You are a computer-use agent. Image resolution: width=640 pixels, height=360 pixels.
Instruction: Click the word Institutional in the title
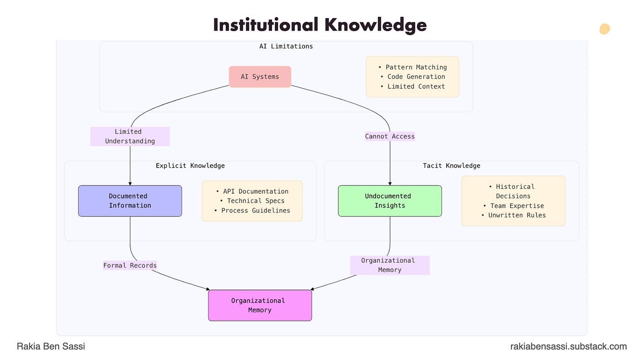click(264, 25)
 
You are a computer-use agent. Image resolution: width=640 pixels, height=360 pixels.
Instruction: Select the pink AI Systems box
click(260, 77)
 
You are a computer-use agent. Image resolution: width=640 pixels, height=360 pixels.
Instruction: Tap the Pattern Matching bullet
click(412, 67)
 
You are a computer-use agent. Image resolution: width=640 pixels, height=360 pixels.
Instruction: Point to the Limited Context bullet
click(412, 86)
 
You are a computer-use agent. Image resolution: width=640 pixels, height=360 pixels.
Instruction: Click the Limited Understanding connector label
click(130, 137)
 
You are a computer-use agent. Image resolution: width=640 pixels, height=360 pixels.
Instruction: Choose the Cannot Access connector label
click(389, 136)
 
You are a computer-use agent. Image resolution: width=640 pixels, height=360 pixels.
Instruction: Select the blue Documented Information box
click(130, 201)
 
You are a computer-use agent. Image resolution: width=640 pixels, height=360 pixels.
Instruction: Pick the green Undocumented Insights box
click(389, 201)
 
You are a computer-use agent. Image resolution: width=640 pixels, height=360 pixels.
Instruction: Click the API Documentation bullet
click(252, 191)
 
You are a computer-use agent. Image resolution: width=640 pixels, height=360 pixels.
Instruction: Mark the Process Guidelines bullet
click(252, 211)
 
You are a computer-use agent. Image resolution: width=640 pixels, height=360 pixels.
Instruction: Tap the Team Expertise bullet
click(513, 206)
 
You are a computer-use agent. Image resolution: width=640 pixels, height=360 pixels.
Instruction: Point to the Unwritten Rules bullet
click(513, 215)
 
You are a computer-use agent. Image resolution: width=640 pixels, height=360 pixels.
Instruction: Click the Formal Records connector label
click(130, 265)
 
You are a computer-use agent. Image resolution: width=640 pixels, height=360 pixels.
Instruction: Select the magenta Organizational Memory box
click(260, 305)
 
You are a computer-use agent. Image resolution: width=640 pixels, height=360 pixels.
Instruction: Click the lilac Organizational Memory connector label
click(389, 265)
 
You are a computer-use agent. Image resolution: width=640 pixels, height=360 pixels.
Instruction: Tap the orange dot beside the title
click(605, 29)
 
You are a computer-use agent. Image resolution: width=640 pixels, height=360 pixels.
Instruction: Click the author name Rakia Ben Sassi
click(51, 346)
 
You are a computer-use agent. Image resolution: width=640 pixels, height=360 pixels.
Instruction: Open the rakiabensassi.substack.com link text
click(568, 347)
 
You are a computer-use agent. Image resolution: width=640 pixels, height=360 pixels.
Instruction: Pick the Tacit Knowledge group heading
click(451, 166)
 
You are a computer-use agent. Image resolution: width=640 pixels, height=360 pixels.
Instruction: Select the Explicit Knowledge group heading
click(190, 166)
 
